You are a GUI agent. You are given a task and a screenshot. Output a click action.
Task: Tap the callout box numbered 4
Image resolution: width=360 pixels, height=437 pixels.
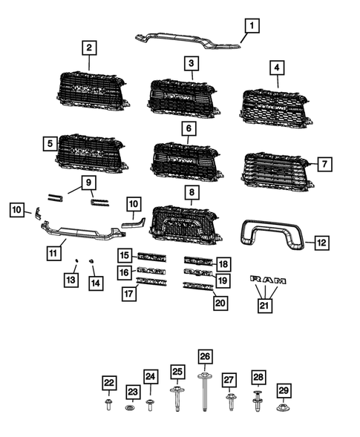(277, 69)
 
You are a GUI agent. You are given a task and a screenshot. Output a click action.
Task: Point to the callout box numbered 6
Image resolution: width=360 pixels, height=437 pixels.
(187, 128)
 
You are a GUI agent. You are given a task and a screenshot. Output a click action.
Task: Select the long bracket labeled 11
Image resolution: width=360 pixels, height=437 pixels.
(78, 231)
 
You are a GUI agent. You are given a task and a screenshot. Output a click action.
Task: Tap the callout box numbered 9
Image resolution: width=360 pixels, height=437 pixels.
(88, 182)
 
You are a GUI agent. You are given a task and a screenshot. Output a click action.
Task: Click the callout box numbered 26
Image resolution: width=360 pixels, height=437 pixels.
(204, 356)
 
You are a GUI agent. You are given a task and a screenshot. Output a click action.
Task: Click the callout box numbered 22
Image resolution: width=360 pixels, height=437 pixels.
(108, 383)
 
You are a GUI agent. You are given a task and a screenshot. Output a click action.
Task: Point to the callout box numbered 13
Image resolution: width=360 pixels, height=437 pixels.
(71, 280)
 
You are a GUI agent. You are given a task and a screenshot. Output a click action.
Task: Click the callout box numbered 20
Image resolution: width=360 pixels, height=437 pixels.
(220, 303)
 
